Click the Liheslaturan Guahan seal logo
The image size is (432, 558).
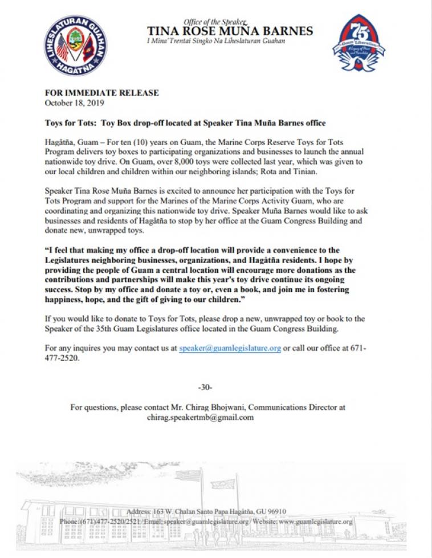[x=76, y=46]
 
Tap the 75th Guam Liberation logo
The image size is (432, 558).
[x=358, y=44]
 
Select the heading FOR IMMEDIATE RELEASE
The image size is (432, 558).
[x=102, y=93]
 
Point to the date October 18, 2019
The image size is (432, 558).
[x=75, y=103]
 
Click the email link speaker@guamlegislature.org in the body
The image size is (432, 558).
[x=230, y=348]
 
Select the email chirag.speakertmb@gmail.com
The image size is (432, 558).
[x=200, y=417]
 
